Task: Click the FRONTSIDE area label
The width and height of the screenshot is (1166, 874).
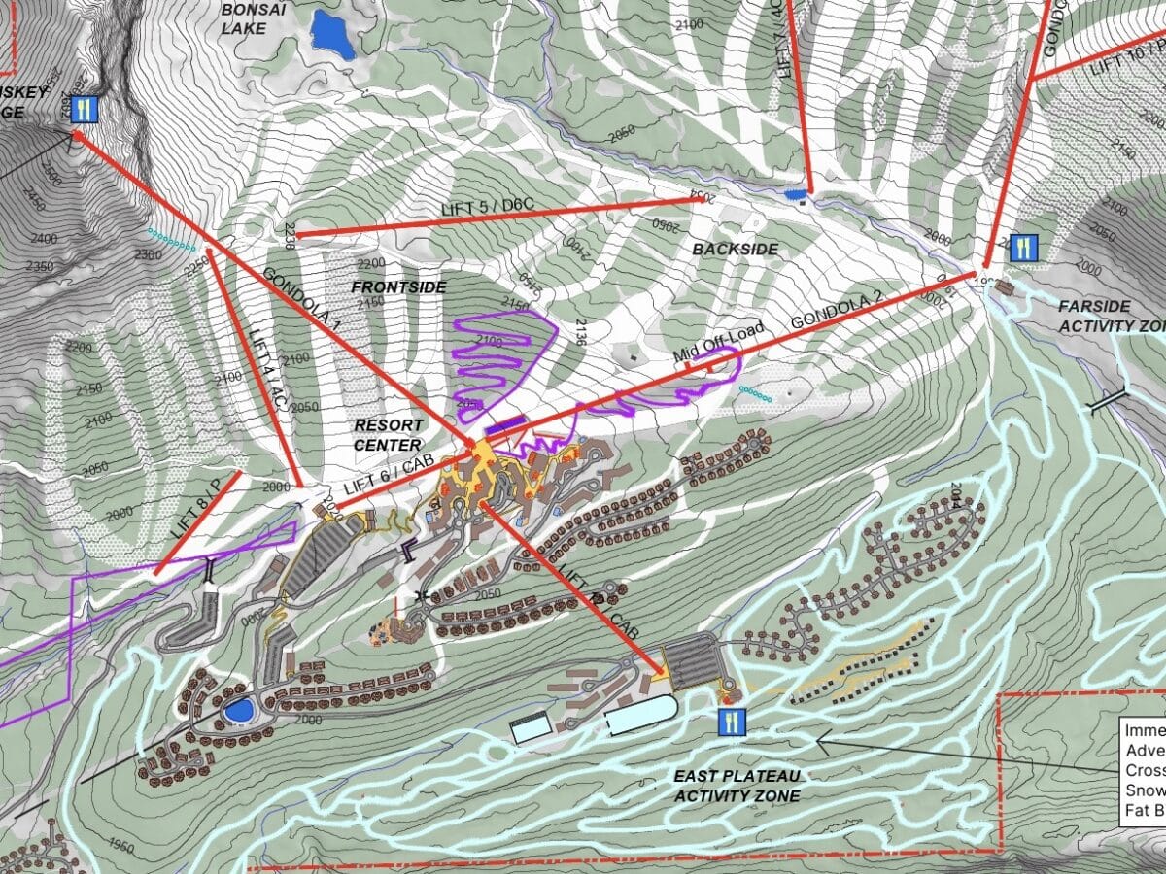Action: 398,287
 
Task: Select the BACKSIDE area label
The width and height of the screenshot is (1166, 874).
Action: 736,249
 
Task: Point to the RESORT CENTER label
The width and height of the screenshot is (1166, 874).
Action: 388,435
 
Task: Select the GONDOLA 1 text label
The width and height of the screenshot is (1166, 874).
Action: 300,302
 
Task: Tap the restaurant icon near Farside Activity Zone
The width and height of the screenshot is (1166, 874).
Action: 1022,248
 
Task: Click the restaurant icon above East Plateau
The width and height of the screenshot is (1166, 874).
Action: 732,721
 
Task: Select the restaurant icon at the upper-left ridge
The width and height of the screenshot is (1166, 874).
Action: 85,109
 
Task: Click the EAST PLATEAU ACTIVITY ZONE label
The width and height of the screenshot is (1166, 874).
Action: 737,786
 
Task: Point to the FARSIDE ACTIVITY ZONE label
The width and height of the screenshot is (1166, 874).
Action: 1108,316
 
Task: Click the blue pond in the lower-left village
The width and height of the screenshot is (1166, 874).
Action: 236,710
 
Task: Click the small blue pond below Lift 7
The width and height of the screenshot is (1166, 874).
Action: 796,195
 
